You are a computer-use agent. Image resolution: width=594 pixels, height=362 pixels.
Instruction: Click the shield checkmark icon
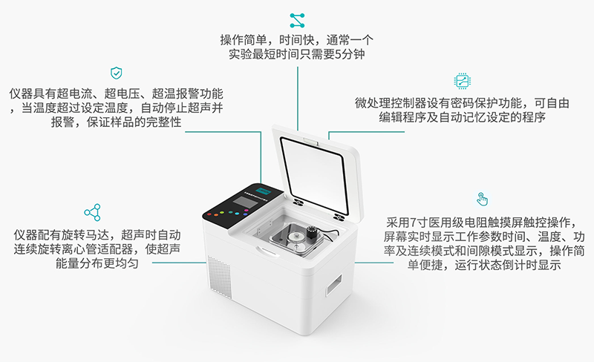click(116, 73)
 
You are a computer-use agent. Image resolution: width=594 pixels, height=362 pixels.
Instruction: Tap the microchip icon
click(461, 81)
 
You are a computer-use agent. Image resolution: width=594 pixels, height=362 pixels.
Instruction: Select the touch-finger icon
click(483, 199)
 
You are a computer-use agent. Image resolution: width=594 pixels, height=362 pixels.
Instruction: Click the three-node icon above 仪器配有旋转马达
click(92, 212)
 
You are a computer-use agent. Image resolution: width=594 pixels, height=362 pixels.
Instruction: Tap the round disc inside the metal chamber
click(297, 239)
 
